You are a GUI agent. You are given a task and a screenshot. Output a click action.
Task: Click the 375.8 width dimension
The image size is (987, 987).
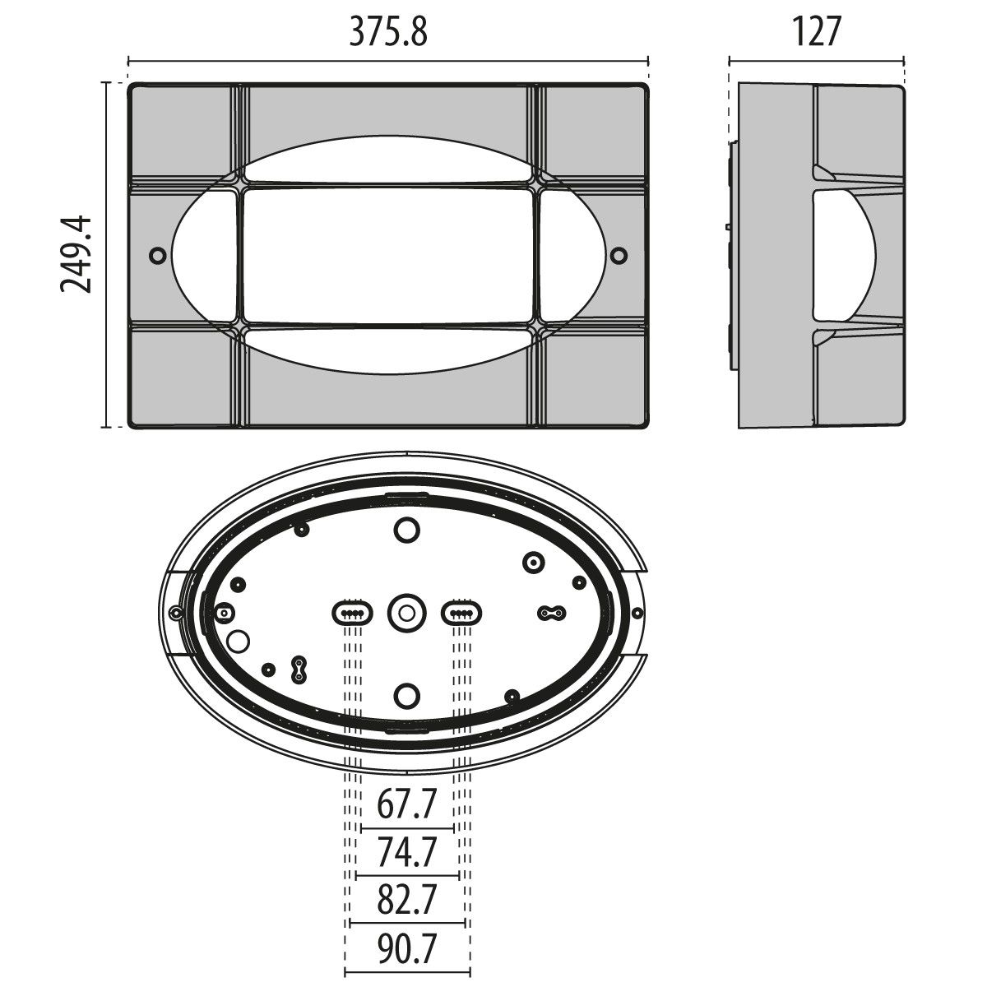pyautogui.click(x=388, y=32)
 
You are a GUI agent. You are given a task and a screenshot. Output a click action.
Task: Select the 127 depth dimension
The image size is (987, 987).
pyautogui.click(x=818, y=32)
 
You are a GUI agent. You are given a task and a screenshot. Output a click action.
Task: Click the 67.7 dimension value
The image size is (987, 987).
pyautogui.click(x=406, y=805)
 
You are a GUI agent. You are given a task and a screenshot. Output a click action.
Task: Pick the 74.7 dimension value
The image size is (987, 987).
pyautogui.click(x=406, y=852)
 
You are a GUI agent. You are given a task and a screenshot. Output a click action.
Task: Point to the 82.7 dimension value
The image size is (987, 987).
pyautogui.click(x=406, y=900)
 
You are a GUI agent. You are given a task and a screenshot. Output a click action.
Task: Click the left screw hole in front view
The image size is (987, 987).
pyautogui.click(x=157, y=255)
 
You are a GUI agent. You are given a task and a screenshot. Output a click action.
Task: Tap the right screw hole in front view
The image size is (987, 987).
pyautogui.click(x=619, y=255)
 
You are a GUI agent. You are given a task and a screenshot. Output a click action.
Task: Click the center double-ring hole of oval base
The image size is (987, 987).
pyautogui.click(x=406, y=613)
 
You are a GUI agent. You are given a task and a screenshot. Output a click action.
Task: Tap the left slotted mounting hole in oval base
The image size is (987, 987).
pyautogui.click(x=351, y=613)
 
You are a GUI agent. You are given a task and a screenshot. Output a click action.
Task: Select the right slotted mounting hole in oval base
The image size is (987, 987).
pyautogui.click(x=462, y=613)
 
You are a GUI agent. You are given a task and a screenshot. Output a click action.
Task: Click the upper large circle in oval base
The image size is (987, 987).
pyautogui.click(x=406, y=530)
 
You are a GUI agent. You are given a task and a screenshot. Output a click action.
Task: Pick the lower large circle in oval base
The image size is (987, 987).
pyautogui.click(x=406, y=695)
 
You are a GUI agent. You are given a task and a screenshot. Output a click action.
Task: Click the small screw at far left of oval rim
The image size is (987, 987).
pyautogui.click(x=175, y=613)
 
